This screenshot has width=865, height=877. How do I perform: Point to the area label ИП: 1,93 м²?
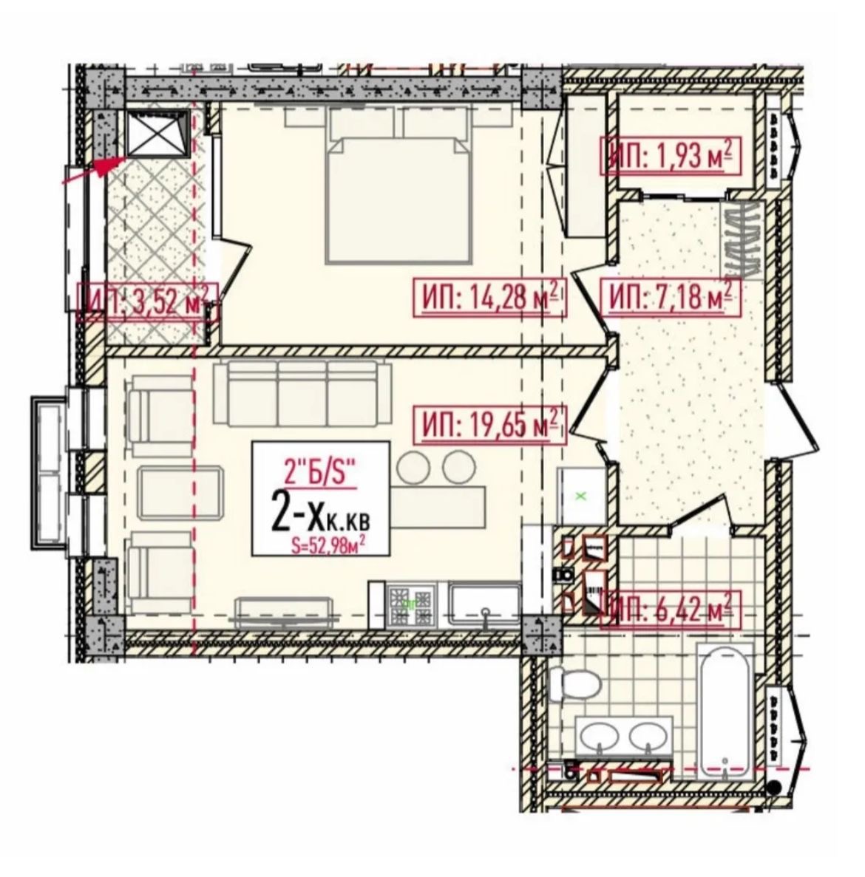pyautogui.click(x=671, y=155)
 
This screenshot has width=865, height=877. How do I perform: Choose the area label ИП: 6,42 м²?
pyautogui.click(x=671, y=610)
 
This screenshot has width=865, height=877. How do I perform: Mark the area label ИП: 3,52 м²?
pyautogui.click(x=146, y=301)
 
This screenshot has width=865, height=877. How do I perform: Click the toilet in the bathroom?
pyautogui.click(x=574, y=683)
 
